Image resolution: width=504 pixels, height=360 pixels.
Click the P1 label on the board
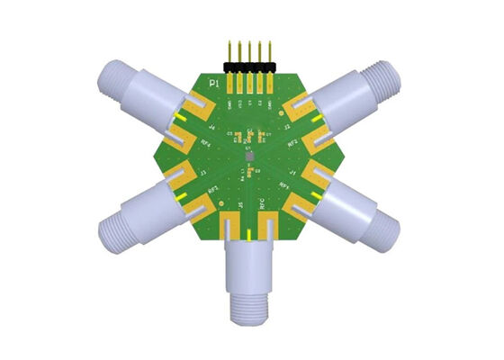point(213,83)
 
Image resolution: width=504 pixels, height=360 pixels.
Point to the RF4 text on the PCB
point(207,144)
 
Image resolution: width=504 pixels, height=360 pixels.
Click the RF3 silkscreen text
point(213,189)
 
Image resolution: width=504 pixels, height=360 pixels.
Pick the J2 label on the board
point(287,128)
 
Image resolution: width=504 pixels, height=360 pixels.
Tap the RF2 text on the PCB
point(291,145)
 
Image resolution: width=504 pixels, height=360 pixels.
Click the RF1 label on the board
point(285,185)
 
